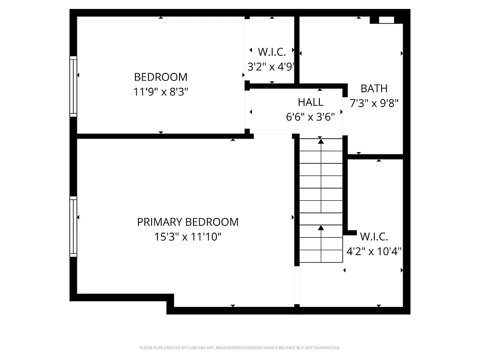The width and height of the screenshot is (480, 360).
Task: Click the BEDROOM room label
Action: click(161, 77)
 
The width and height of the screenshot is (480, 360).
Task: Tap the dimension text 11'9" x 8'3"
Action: click(161, 92)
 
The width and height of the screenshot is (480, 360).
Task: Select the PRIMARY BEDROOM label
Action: click(188, 222)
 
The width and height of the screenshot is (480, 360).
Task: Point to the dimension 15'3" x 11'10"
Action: click(188, 237)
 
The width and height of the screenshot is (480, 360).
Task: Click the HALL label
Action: click(310, 102)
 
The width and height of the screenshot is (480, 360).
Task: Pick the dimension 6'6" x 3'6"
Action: click(310, 117)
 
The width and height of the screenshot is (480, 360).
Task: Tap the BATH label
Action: click(374, 88)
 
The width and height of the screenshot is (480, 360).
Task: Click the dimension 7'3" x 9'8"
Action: click(374, 103)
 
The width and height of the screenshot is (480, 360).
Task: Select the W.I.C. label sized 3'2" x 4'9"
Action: click(271, 51)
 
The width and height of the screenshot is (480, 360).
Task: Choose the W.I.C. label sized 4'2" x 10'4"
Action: click(374, 236)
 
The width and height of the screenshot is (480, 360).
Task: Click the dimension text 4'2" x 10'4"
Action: click(374, 251)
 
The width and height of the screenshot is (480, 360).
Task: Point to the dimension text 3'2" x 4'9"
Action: click(271, 67)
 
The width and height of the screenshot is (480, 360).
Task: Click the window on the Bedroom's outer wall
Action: click(73, 86)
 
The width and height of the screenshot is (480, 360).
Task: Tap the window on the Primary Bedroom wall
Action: click(73, 226)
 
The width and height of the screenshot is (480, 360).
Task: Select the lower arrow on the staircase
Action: click(321, 229)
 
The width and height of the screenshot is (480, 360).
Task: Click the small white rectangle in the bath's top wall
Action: click(386, 20)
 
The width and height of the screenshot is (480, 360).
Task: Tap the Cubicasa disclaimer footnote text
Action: click(240, 348)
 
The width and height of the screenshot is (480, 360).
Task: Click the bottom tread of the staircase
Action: click(321, 256)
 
